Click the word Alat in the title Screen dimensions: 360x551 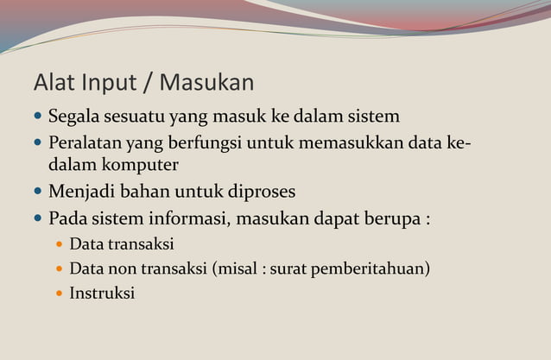tap(54, 83)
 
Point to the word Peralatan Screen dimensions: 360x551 tap(85, 142)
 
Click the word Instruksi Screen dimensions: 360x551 tap(102, 293)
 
